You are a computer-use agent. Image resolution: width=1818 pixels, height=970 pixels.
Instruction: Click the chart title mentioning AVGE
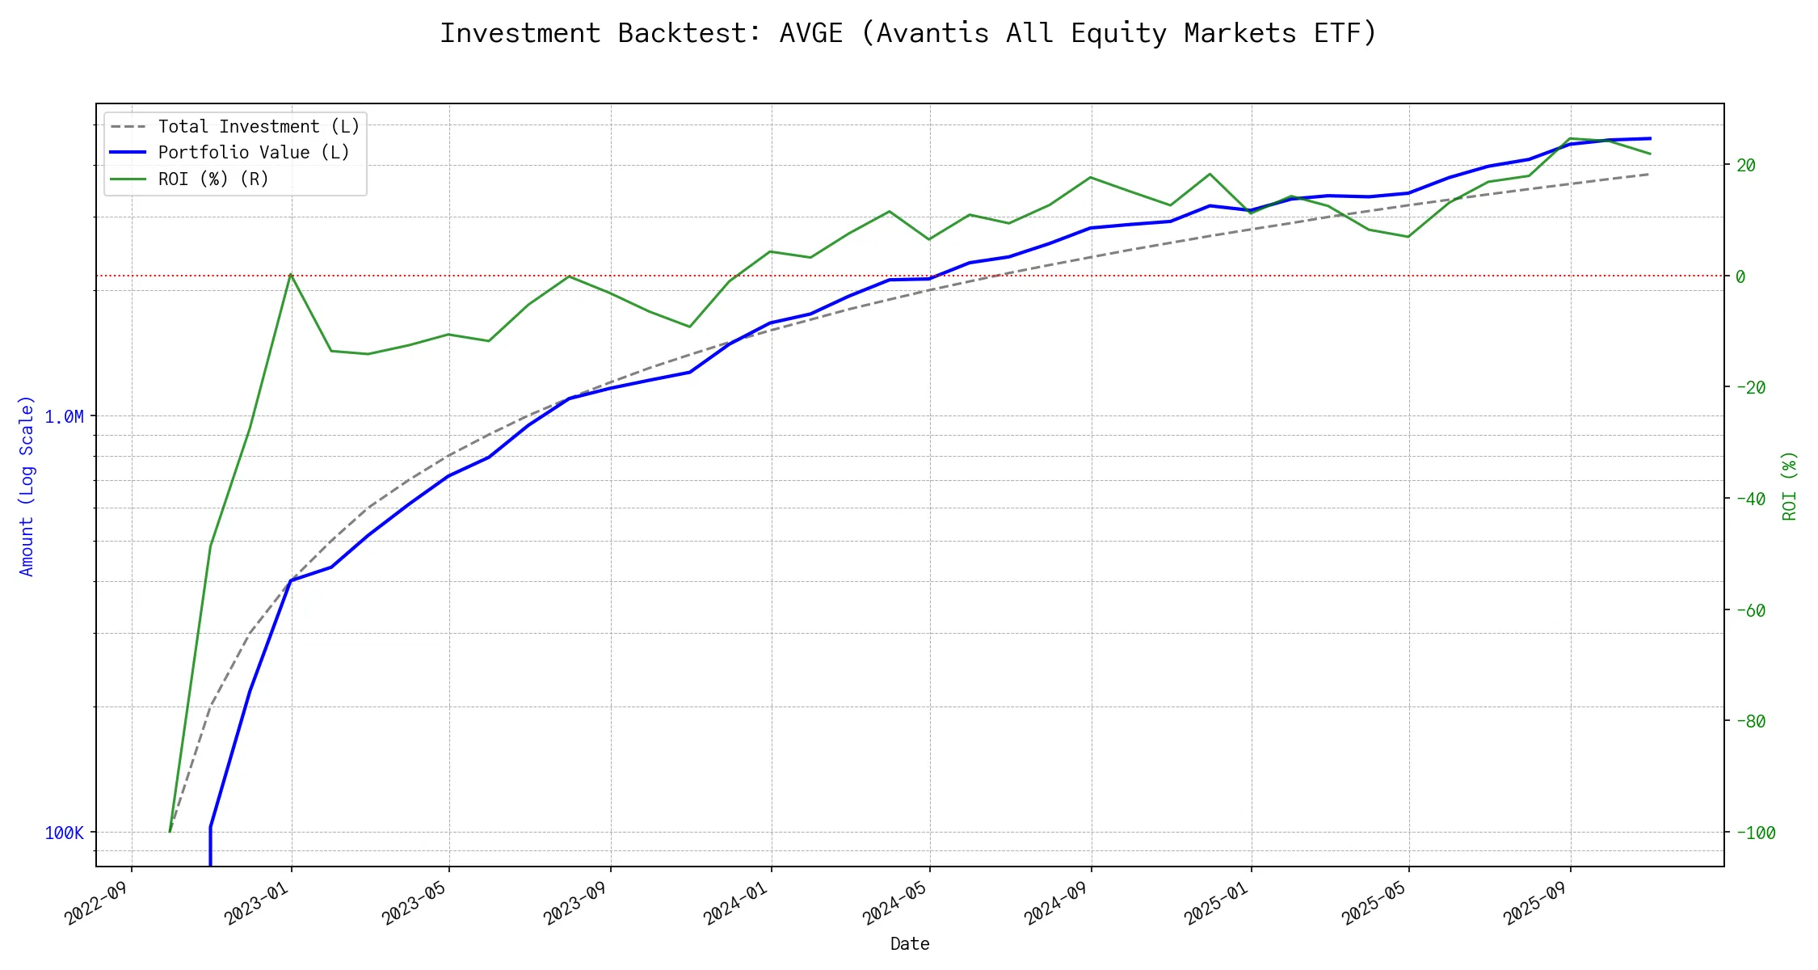click(908, 33)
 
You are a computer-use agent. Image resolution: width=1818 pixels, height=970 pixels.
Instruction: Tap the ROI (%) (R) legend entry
click(213, 179)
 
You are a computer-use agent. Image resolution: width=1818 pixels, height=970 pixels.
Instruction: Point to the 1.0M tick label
click(64, 417)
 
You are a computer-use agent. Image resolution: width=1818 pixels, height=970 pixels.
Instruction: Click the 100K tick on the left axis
click(64, 833)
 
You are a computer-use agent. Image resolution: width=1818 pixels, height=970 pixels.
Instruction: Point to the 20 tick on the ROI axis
click(1745, 166)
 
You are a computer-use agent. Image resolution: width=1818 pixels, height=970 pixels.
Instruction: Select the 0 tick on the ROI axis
click(1740, 276)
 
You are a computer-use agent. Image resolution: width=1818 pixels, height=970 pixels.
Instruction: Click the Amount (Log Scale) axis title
click(27, 486)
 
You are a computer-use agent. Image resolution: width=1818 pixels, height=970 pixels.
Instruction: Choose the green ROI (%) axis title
click(1789, 486)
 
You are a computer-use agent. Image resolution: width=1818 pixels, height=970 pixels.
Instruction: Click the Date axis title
click(910, 944)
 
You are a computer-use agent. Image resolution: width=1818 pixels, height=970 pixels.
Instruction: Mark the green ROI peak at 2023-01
click(291, 274)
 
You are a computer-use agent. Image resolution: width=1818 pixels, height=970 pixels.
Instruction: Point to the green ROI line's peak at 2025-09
click(1570, 138)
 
